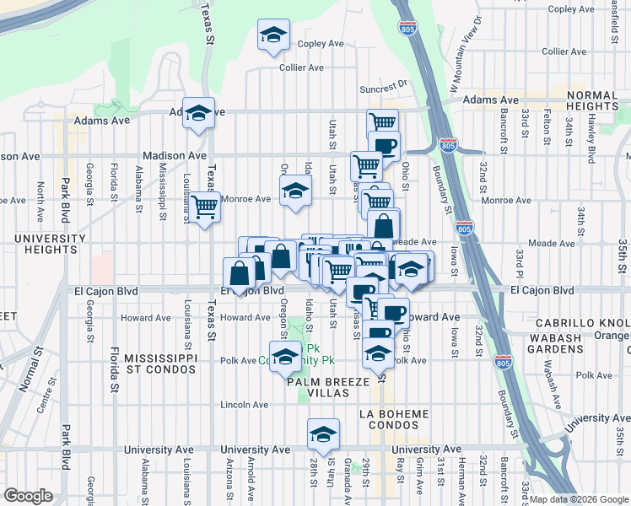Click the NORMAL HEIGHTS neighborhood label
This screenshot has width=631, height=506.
coord(581,100)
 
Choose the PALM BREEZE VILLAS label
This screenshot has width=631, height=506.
coord(328,388)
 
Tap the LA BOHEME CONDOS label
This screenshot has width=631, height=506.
coord(394,419)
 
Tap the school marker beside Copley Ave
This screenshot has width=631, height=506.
coord(273,35)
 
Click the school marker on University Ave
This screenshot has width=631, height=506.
coord(323,434)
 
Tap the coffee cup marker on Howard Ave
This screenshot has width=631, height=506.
coord(393,313)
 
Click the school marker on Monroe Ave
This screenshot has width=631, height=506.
coord(295,191)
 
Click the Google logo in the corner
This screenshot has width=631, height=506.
coord(30,495)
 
